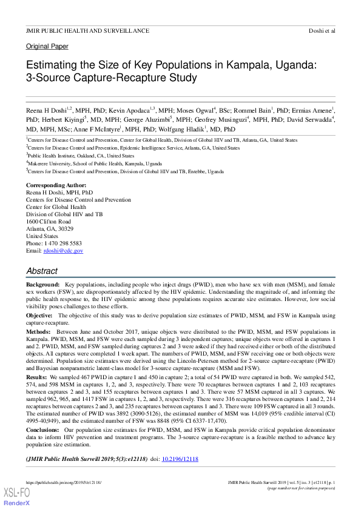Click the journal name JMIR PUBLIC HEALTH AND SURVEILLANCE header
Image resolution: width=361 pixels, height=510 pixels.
(87, 30)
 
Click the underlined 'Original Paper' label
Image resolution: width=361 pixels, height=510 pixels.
(47, 47)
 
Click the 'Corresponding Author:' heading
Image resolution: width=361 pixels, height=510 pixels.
(56, 185)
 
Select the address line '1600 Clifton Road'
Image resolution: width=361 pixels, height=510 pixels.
(49, 222)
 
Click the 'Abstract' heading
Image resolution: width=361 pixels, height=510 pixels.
(42, 271)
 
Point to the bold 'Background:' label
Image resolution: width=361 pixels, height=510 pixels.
(42, 284)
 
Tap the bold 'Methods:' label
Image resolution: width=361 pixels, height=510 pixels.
(38, 333)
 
